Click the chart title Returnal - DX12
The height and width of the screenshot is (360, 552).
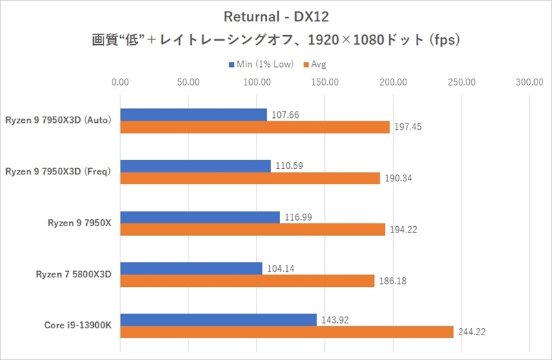275,16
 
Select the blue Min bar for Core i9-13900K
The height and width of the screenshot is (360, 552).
218,320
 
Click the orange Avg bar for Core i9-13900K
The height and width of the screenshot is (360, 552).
286,332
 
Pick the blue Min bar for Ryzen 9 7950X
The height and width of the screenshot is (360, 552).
200,217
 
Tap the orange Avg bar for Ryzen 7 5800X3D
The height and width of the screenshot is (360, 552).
247,281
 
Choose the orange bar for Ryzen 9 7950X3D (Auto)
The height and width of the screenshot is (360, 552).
255,127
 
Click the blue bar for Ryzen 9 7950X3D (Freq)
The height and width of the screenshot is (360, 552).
195,166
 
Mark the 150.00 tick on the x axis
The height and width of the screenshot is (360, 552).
324,82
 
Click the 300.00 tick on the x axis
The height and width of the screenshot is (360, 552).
529,82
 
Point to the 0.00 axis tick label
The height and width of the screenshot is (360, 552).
120,82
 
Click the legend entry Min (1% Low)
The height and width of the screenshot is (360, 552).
262,64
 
